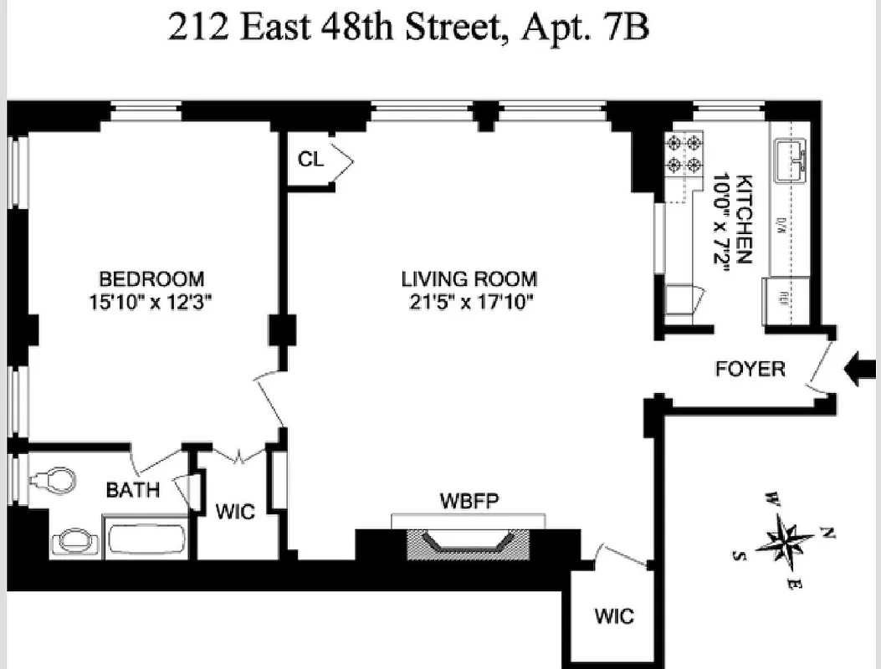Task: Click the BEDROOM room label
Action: click(x=151, y=278)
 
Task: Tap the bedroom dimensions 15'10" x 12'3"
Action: click(x=151, y=300)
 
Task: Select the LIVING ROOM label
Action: click(x=469, y=279)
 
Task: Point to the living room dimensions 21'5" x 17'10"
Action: click(x=469, y=300)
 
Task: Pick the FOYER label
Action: click(x=750, y=369)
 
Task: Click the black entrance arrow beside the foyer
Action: click(x=861, y=368)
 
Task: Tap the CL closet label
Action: click(x=311, y=160)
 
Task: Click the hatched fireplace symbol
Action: click(x=468, y=544)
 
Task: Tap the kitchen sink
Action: click(x=790, y=161)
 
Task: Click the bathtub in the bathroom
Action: click(x=146, y=538)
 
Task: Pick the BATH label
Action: click(x=132, y=490)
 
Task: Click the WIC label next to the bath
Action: click(x=235, y=511)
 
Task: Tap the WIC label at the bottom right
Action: click(x=614, y=617)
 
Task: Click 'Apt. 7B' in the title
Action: click(x=586, y=28)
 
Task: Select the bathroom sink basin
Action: click(x=75, y=539)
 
